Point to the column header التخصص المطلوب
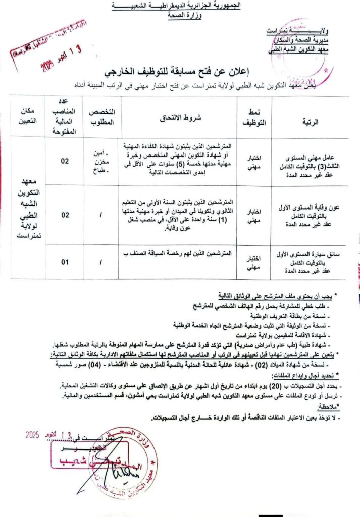[x=102, y=117]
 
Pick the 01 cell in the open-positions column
[x=64, y=262]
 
